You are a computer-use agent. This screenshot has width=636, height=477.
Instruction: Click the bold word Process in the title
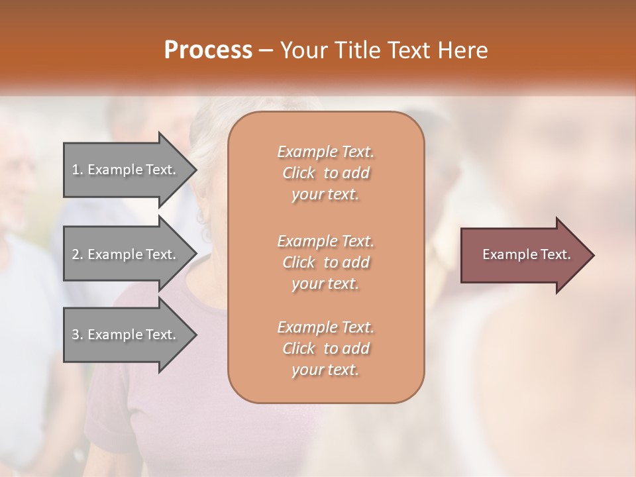click(208, 50)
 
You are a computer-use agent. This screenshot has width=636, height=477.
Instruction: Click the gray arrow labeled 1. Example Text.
click(126, 170)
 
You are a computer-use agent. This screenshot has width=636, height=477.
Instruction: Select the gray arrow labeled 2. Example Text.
click(126, 254)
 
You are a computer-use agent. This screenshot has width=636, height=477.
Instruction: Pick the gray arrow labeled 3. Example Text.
click(126, 335)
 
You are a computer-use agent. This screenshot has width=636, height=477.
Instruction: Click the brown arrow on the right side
click(523, 254)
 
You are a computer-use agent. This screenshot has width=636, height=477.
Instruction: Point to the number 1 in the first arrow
click(76, 170)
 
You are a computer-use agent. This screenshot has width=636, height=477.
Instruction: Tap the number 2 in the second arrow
click(76, 254)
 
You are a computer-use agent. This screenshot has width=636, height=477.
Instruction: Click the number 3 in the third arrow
click(76, 335)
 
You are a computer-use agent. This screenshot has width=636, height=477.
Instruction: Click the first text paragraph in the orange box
click(325, 173)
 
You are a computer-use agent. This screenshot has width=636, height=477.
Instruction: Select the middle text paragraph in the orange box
click(325, 262)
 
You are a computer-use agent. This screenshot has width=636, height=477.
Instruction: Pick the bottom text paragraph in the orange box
click(325, 348)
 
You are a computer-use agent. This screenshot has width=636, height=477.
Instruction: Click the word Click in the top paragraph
click(298, 173)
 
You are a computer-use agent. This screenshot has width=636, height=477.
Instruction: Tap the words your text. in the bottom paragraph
click(325, 370)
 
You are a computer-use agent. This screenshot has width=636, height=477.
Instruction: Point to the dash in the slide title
click(266, 50)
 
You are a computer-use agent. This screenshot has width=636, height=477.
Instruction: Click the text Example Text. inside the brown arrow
click(526, 254)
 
